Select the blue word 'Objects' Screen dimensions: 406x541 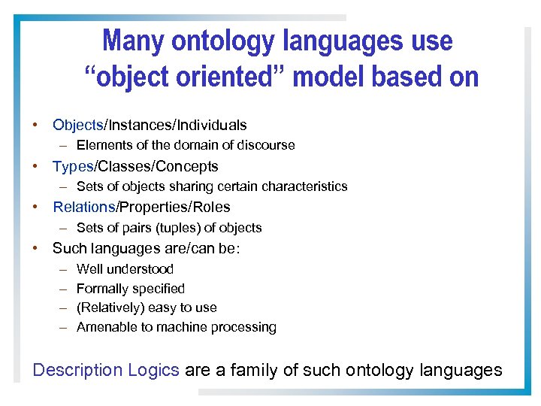77,125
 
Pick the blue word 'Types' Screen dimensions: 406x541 73,166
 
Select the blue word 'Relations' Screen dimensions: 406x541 83,207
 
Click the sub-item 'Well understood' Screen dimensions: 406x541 125,269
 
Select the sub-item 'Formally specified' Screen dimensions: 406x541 130,289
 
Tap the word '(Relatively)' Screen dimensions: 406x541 110,308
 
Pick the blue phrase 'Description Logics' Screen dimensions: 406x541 106,370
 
